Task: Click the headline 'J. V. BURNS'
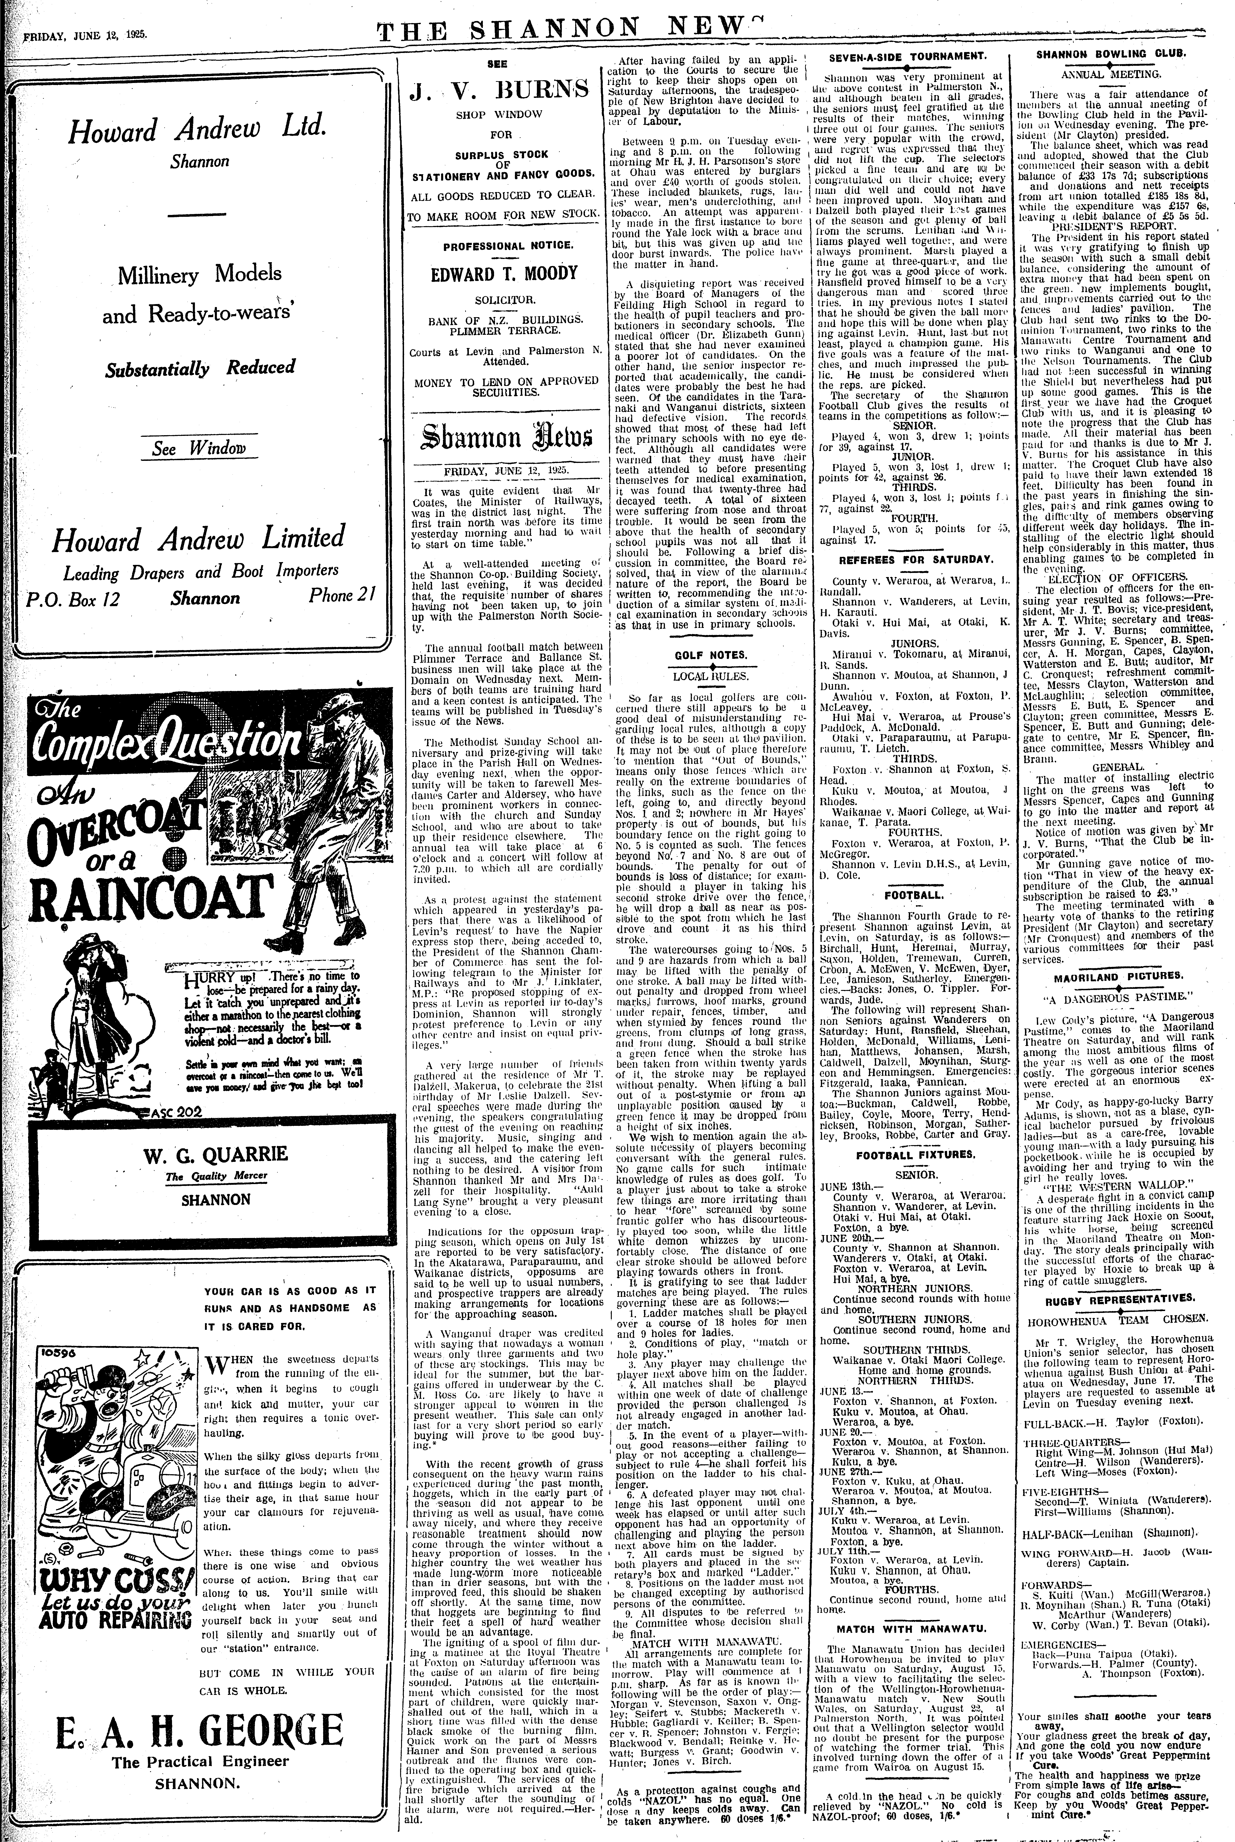pyautogui.click(x=499, y=91)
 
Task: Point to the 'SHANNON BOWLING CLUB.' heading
pyautogui.click(x=1110, y=54)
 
